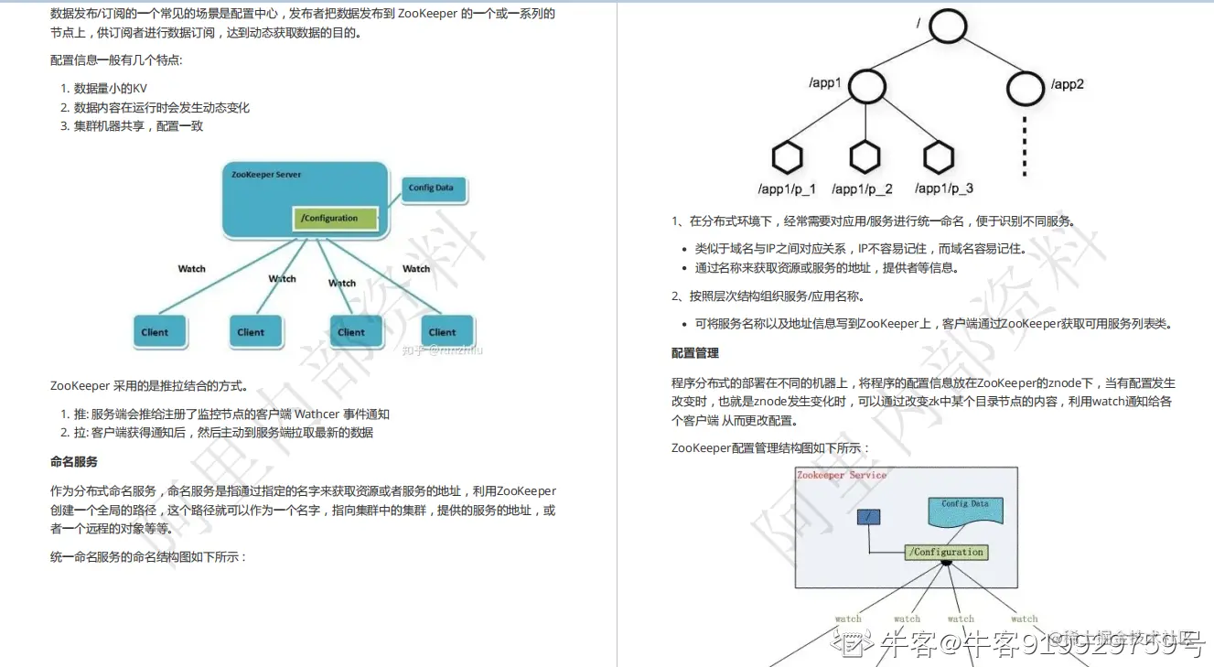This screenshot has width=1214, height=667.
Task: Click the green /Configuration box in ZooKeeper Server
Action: click(336, 219)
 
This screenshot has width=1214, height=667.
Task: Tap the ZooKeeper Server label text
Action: click(266, 174)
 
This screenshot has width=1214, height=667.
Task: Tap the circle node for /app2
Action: click(1025, 88)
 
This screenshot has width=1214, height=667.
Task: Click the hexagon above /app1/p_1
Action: click(787, 158)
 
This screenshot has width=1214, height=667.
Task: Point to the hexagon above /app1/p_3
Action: click(939, 158)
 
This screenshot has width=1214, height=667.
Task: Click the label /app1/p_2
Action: click(862, 188)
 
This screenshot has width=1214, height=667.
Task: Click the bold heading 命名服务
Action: click(74, 462)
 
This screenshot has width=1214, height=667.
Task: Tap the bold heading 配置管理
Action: click(695, 353)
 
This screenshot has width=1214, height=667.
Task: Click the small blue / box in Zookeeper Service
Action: click(868, 517)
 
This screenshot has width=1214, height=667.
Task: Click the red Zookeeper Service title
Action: click(842, 476)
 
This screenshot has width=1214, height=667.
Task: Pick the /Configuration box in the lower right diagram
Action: click(947, 553)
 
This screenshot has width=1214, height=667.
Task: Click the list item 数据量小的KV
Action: click(111, 89)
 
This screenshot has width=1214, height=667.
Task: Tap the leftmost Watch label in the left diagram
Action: click(192, 269)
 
